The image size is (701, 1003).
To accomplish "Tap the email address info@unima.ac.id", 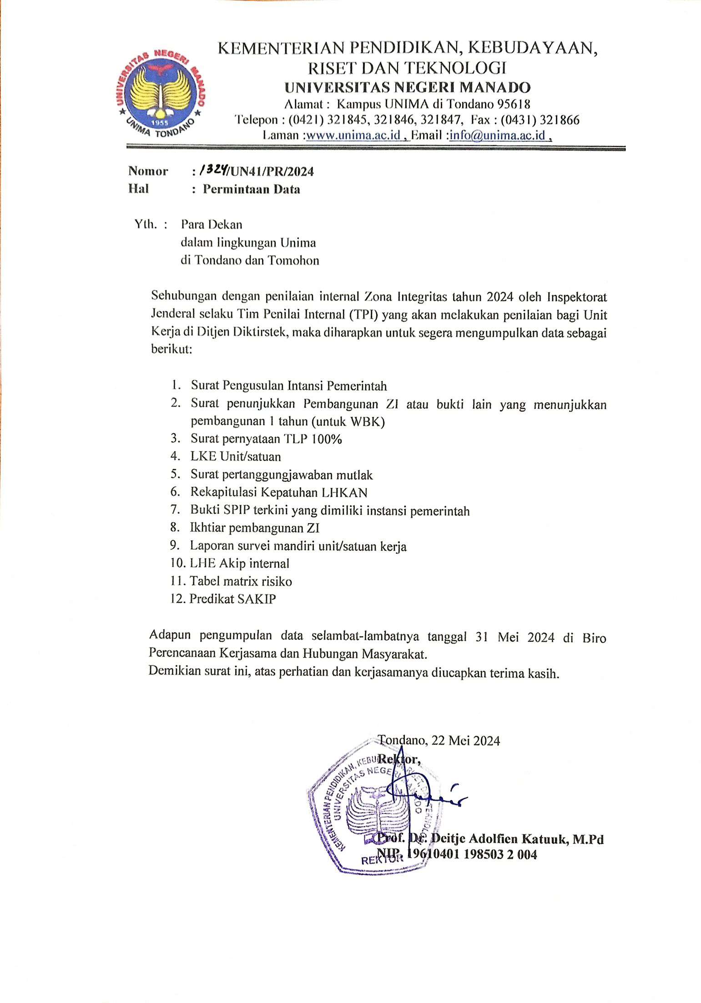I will [498, 135].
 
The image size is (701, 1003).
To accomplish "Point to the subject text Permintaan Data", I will [251, 189].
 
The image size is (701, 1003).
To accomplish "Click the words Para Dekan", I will [212, 224].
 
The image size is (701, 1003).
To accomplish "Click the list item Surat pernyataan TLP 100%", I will [266, 439].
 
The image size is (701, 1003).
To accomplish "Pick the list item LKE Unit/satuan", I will [236, 456].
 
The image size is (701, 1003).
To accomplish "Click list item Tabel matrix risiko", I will [241, 581].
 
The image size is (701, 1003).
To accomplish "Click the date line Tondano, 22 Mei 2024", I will [439, 741].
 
